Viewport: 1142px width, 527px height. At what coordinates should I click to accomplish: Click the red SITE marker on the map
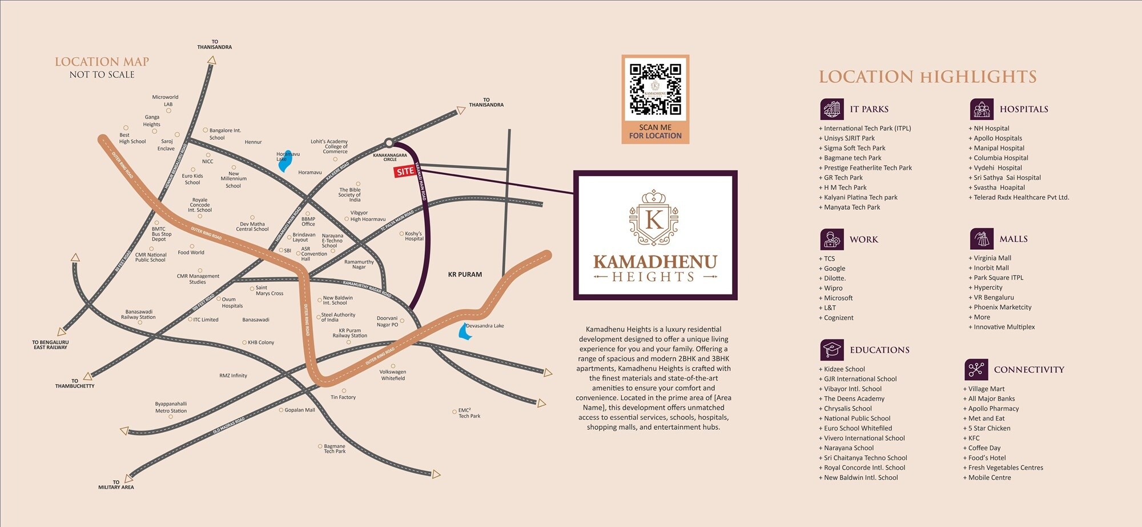pyautogui.click(x=405, y=171)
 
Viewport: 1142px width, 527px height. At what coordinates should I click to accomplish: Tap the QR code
pyautogui.click(x=655, y=89)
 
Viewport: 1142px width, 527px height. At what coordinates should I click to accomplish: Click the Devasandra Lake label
pyautogui.click(x=485, y=326)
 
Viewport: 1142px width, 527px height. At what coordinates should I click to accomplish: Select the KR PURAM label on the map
pyautogui.click(x=465, y=274)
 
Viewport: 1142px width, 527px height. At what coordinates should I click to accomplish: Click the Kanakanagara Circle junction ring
pyautogui.click(x=389, y=143)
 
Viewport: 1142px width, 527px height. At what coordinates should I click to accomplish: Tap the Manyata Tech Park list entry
pyautogui.click(x=851, y=207)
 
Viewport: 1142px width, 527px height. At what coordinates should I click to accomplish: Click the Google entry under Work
pyautogui.click(x=834, y=269)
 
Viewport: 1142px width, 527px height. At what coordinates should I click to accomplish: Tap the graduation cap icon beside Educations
pyautogui.click(x=832, y=349)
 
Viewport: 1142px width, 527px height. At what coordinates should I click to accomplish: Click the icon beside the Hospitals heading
pyautogui.click(x=982, y=109)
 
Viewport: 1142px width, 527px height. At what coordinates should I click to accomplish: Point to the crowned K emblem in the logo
pyautogui.click(x=654, y=218)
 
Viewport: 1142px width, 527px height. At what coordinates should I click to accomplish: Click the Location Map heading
pyautogui.click(x=102, y=62)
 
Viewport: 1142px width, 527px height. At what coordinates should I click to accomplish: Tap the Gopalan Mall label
pyautogui.click(x=300, y=410)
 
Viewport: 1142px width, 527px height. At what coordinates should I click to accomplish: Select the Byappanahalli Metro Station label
pyautogui.click(x=171, y=407)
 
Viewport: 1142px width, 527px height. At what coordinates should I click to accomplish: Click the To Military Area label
pyautogui.click(x=116, y=485)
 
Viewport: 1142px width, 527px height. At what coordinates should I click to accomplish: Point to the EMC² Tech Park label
pyautogui.click(x=469, y=413)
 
